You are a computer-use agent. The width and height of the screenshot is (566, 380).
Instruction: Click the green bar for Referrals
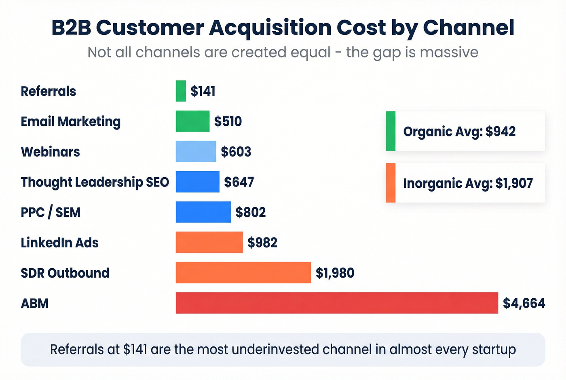[181, 91]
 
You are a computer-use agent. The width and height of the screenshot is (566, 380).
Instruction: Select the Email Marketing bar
[192, 121]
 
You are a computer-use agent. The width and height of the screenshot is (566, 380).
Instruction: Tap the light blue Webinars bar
[196, 152]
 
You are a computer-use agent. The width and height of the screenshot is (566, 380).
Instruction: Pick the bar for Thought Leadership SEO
[197, 182]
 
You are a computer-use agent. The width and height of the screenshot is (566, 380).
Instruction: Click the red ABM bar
[337, 303]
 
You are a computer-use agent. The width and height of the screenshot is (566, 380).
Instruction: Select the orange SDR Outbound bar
[243, 273]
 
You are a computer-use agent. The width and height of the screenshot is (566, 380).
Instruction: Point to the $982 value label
[262, 243]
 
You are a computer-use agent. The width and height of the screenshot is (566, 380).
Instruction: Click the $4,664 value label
[524, 304]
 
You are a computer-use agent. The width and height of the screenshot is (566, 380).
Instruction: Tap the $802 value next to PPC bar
[251, 212]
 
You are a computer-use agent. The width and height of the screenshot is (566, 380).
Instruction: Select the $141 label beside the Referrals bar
[203, 91]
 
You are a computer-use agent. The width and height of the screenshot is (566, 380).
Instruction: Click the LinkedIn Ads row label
[60, 243]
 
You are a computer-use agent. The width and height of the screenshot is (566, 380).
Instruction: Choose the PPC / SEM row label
[51, 212]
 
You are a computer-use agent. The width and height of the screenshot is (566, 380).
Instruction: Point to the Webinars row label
[50, 152]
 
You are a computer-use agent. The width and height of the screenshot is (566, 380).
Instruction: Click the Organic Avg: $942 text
[459, 132]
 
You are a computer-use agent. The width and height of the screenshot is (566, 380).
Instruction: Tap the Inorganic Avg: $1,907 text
[468, 183]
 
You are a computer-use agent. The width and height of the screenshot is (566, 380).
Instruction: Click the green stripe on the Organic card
[391, 131]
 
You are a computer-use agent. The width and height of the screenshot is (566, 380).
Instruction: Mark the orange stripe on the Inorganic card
[391, 183]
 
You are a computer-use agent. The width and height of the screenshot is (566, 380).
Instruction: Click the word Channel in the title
[469, 28]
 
